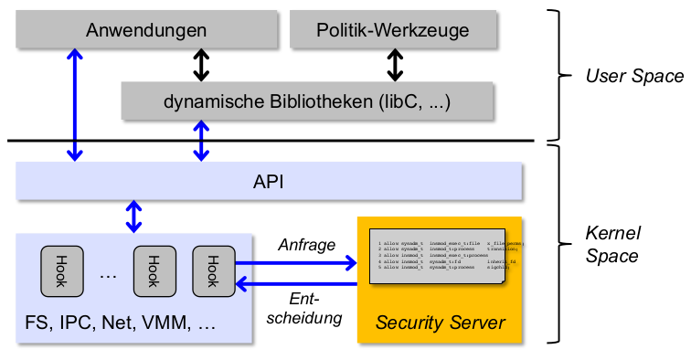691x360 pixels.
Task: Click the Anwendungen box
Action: point(146,30)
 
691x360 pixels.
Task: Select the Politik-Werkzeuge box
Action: point(393,30)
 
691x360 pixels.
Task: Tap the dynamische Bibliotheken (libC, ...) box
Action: point(307,101)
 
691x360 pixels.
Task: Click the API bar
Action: point(269,182)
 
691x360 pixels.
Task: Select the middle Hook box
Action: point(154,270)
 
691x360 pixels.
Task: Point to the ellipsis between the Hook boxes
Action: point(107,273)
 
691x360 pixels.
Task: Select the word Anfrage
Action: point(306,244)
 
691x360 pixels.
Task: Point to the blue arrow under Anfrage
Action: point(297,264)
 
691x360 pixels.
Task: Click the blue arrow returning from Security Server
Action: point(297,285)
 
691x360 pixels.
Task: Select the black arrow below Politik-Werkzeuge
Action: point(395,64)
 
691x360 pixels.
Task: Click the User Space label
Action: point(621,76)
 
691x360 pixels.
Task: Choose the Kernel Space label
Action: point(611,244)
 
